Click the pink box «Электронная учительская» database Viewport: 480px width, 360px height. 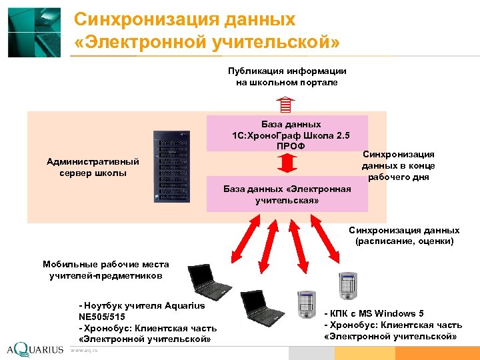[287, 194]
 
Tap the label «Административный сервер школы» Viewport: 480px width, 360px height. [93, 167]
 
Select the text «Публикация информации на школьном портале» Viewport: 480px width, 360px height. [287, 76]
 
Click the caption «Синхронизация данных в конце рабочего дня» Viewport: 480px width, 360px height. [399, 165]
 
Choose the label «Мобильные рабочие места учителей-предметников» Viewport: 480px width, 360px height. [106, 270]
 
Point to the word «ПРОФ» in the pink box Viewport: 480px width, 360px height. [287, 146]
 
